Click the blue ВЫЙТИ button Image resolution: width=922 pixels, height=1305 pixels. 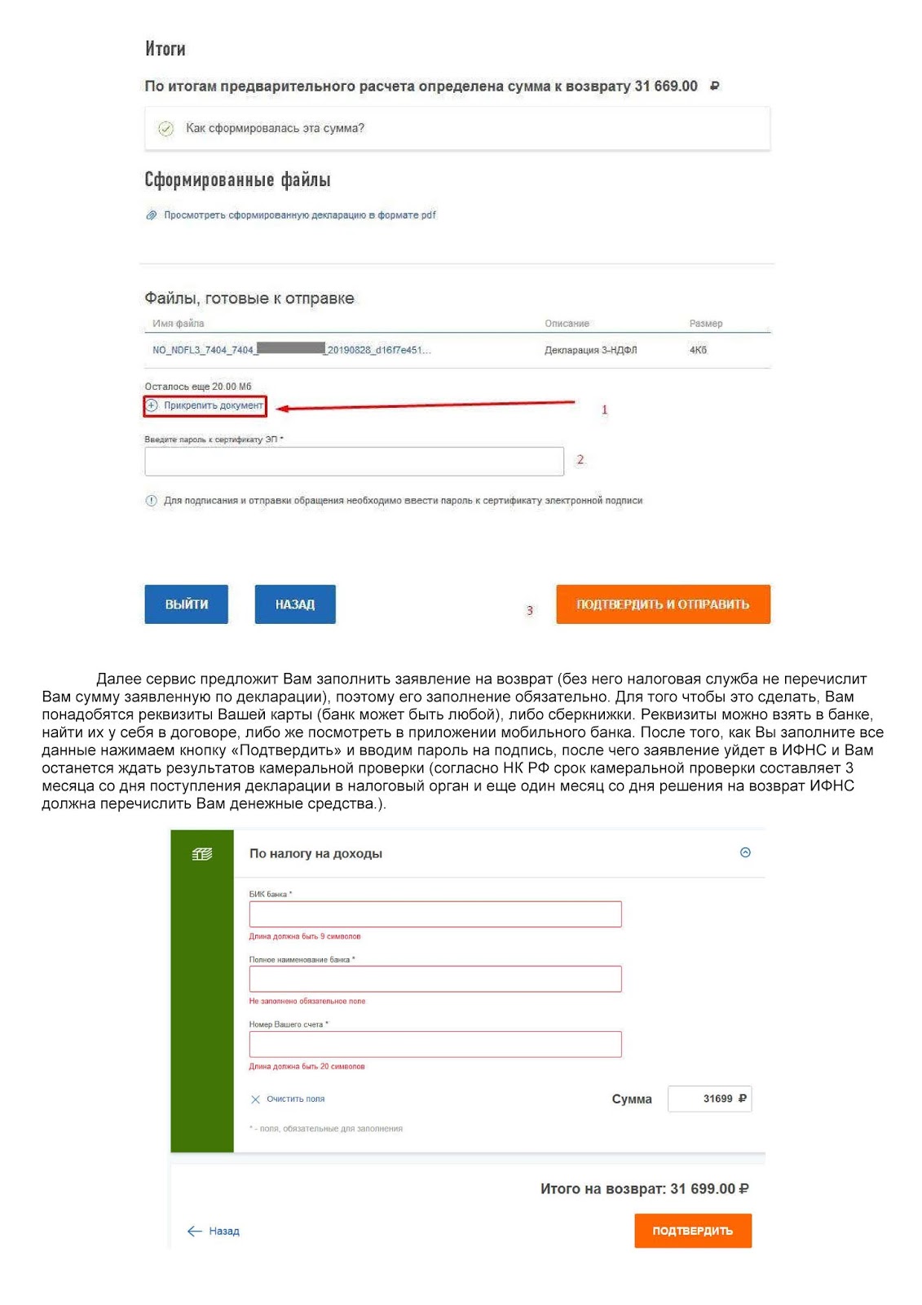tap(186, 604)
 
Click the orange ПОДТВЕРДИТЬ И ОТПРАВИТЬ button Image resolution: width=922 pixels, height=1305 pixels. tap(662, 604)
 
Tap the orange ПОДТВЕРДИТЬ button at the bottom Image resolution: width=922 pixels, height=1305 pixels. tap(692, 1231)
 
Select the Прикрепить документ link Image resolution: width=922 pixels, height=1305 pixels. tap(213, 405)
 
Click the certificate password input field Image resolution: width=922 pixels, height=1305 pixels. tap(354, 462)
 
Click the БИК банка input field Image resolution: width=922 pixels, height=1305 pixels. tap(435, 914)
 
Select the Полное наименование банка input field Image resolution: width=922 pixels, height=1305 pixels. tap(435, 979)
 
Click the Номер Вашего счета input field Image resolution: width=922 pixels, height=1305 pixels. tap(435, 1044)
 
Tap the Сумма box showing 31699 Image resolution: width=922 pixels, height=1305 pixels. tap(709, 1099)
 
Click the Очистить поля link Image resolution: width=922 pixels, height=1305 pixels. tap(294, 1099)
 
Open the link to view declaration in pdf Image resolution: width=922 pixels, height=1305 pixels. tap(299, 215)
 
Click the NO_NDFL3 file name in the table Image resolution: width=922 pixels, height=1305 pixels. tap(291, 350)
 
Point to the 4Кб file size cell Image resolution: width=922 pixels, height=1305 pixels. tap(698, 350)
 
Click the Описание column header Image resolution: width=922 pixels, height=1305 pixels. tap(567, 324)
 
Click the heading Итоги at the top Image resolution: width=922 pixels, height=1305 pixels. tap(165, 49)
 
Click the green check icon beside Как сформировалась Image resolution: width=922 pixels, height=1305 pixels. tap(165, 129)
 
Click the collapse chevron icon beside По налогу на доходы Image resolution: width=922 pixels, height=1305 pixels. tap(744, 852)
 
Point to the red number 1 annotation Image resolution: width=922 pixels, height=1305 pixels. tap(604, 409)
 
